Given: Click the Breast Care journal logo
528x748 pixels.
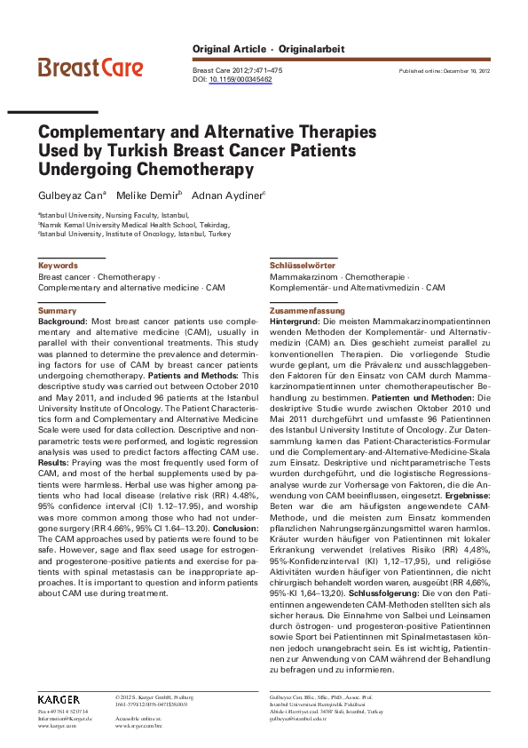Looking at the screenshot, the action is coord(91,67).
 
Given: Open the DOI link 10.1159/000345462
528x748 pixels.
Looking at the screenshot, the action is coord(240,79).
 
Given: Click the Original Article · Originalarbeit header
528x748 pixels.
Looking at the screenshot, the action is coord(268,49).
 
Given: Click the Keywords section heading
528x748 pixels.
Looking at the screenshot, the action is coord(57,266).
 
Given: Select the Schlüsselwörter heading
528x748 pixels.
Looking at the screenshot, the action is coord(302,266).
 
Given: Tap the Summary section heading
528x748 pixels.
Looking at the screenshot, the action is coord(57,311).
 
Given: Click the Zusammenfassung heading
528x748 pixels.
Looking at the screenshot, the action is coord(307,311).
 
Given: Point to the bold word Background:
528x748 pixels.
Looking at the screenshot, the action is coord(62,322).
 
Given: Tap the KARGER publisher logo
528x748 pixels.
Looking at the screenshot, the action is coord(59,699).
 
